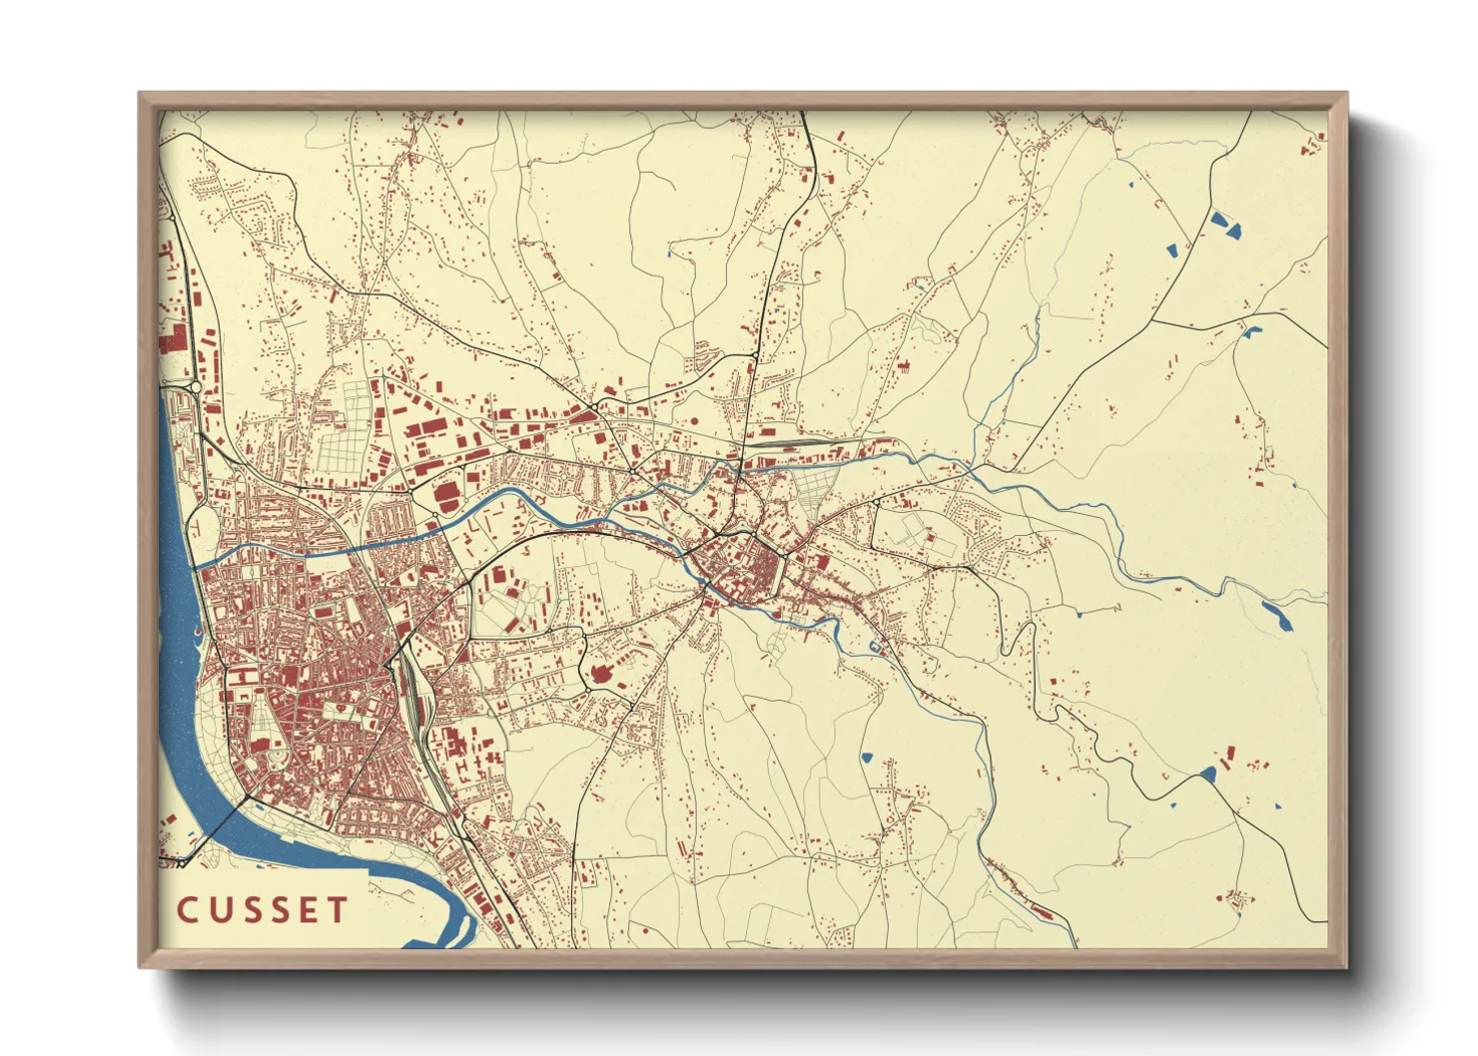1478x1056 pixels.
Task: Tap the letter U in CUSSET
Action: [x=221, y=910]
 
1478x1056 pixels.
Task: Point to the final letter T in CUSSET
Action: [x=337, y=910]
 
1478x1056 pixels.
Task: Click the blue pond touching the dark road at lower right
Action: [x=1208, y=774]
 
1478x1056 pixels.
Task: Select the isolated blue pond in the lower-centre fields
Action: [x=867, y=758]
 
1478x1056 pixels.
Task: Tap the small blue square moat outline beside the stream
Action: [x=877, y=648]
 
